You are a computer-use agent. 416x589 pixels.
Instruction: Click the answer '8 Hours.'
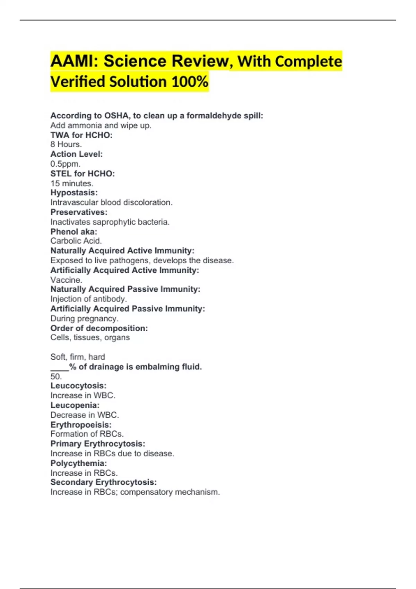(66, 144)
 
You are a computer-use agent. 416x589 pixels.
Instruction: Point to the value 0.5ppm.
(65, 164)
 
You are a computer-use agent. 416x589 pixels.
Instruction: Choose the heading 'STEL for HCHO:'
(83, 174)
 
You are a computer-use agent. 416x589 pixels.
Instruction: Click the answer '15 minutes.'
(72, 183)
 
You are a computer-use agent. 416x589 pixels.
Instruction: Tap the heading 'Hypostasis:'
(74, 193)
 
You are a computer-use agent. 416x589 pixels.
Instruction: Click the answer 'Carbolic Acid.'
(76, 241)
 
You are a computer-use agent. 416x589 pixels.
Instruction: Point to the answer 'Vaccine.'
(66, 280)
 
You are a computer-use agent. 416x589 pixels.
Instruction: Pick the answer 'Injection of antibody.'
(88, 299)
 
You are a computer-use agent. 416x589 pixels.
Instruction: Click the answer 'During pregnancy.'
(84, 319)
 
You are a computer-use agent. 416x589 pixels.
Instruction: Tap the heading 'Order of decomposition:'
(99, 328)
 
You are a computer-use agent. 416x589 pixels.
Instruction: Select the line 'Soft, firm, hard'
(78, 357)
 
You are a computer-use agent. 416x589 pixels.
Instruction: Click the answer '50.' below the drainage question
(56, 377)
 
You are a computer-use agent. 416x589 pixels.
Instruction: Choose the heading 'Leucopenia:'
(75, 405)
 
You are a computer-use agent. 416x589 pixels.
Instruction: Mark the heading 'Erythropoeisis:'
(81, 425)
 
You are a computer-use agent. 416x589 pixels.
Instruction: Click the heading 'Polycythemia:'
(78, 463)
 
